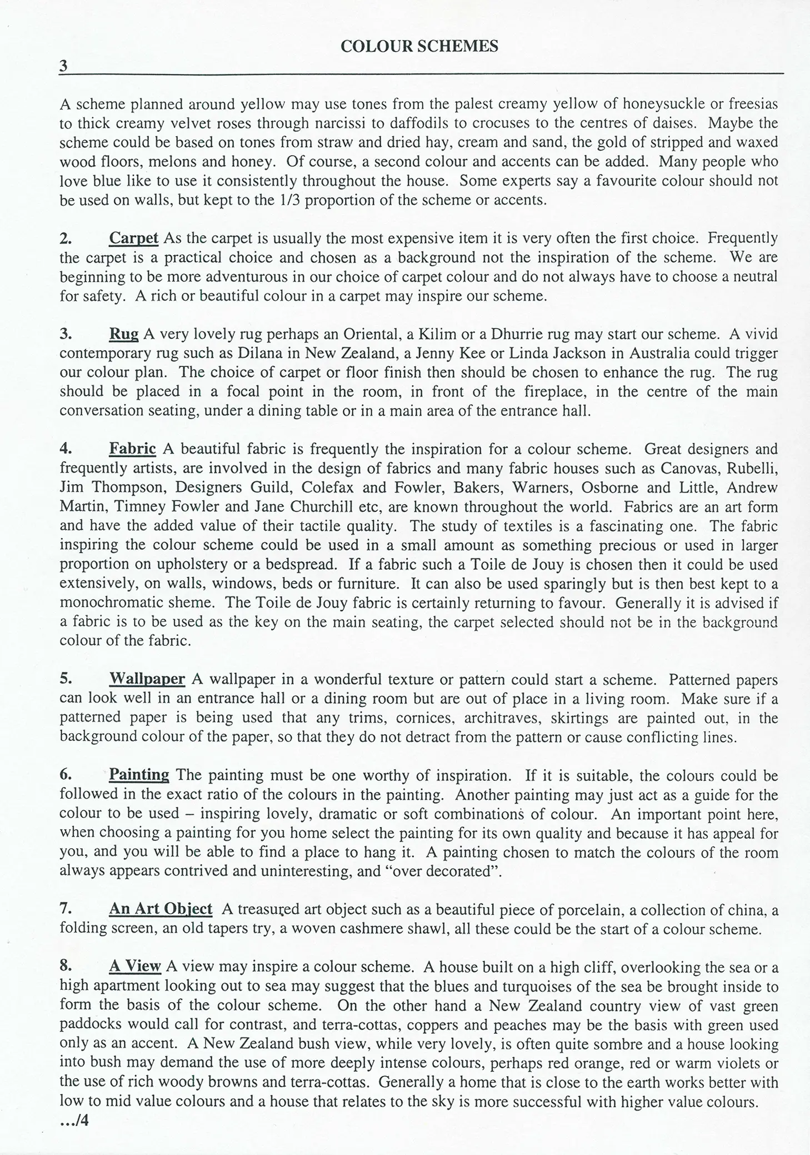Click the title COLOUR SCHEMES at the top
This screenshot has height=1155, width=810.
point(419,47)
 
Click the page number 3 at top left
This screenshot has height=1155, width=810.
point(63,67)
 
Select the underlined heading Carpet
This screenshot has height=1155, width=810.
point(133,238)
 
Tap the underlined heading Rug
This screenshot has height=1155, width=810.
point(123,334)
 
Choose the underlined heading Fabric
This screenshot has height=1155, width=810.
point(132,449)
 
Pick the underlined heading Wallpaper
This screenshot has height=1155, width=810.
point(147,679)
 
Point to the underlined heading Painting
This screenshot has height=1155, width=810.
point(139,775)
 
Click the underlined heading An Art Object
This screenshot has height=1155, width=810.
point(161,909)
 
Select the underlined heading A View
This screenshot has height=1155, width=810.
point(135,967)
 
